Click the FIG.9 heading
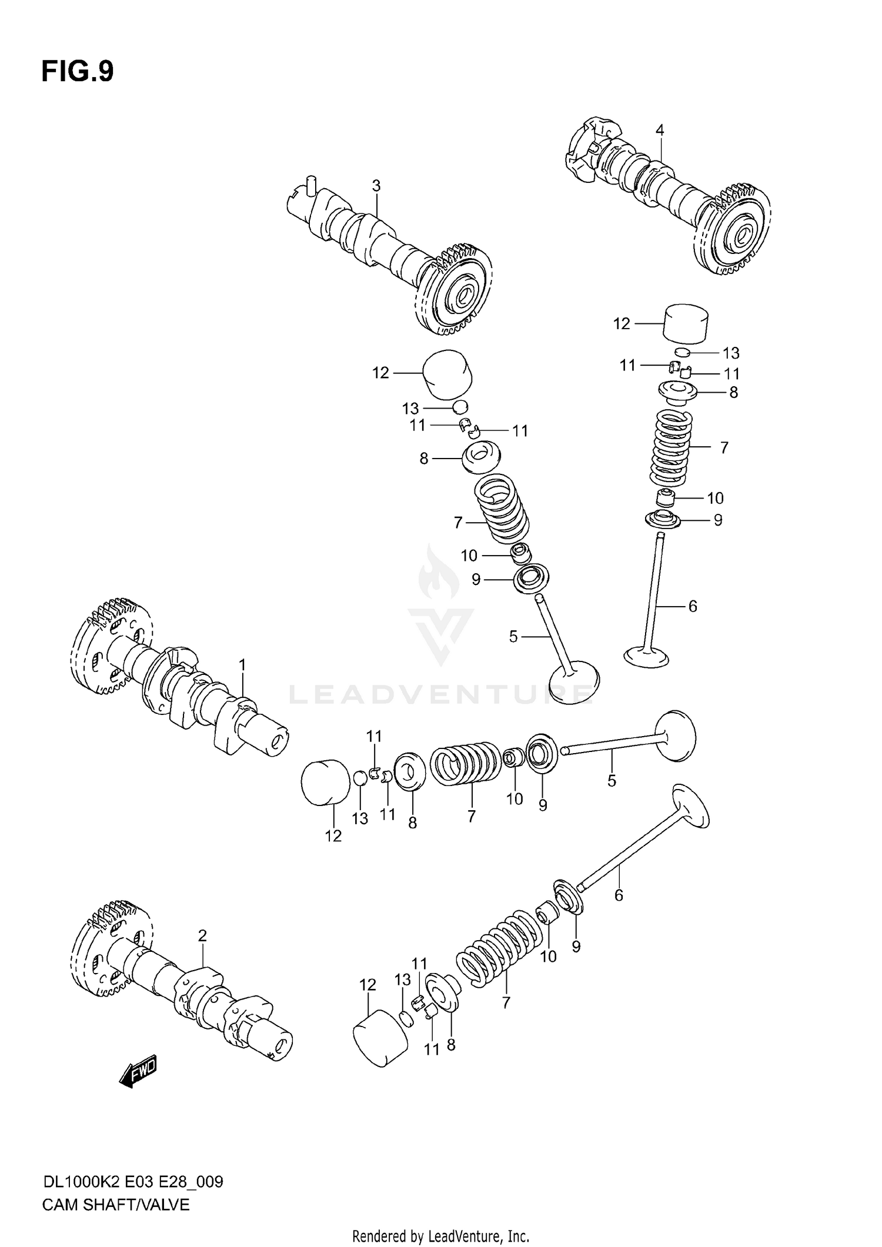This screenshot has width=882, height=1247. coord(77,72)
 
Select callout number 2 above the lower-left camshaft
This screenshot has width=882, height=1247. coord(202,935)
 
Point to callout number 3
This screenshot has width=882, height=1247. coord(376,186)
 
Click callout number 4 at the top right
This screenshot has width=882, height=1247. coord(660,131)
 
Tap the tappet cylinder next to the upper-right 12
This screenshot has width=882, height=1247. coord(686,323)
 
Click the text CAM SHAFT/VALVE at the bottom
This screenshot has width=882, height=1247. coord(116,1205)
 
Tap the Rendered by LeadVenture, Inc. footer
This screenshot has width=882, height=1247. coord(440,1236)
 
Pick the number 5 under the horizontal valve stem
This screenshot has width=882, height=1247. coord(612,781)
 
